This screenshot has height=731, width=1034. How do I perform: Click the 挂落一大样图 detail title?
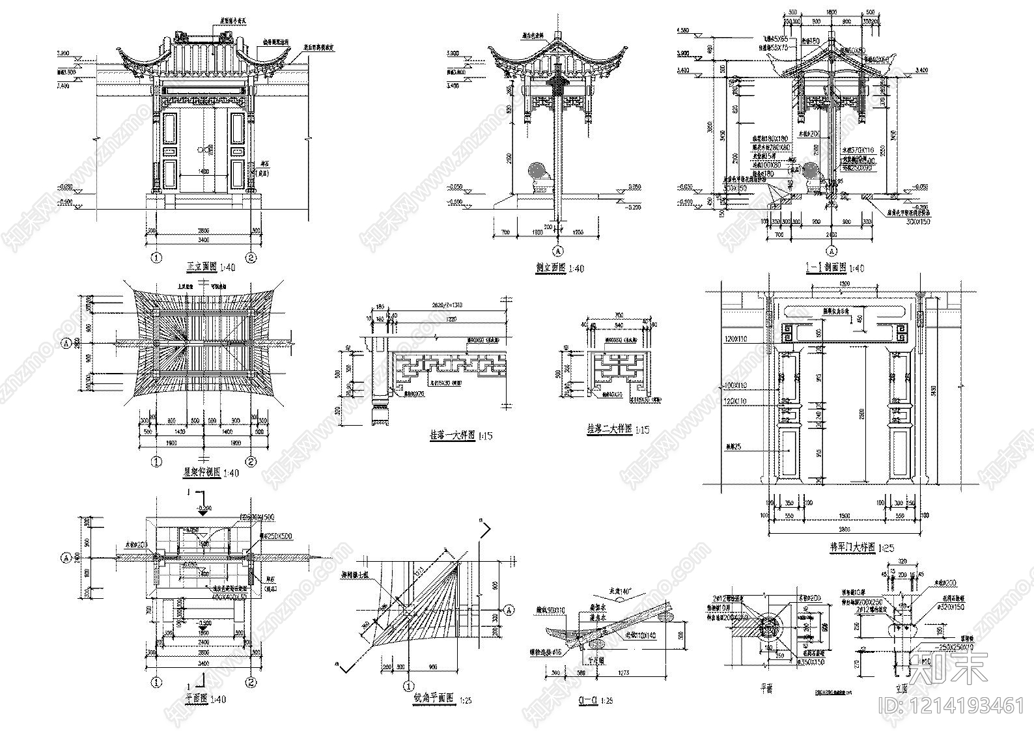click(x=451, y=435)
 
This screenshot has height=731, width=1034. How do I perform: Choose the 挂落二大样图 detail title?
click(x=609, y=430)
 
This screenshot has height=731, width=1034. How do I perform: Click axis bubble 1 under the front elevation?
click(x=156, y=256)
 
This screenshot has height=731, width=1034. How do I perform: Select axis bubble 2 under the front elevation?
click(x=252, y=256)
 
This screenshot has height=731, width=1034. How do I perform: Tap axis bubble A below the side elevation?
click(x=557, y=251)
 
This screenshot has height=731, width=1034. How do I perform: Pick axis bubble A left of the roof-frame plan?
click(x=66, y=342)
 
